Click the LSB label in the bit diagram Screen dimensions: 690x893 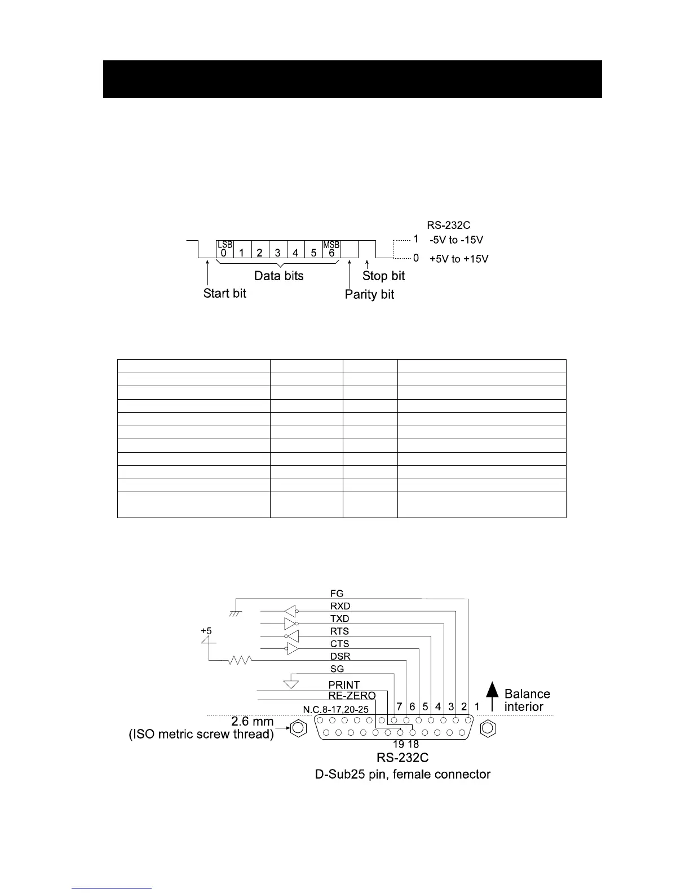pos(224,245)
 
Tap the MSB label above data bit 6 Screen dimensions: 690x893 pos(331,245)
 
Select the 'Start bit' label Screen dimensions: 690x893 pos(224,293)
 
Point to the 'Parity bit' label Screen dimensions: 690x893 pos(369,294)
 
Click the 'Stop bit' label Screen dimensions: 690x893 pos(383,276)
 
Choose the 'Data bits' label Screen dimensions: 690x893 pos(278,276)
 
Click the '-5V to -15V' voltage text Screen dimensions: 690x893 pos(456,240)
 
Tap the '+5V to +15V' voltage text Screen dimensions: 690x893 pos(459,259)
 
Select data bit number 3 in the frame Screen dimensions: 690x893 pos(277,253)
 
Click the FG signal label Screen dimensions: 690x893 pos(337,593)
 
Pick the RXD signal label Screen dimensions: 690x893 pos(340,606)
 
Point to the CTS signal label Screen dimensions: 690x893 pos(339,644)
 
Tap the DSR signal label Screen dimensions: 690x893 pos(340,656)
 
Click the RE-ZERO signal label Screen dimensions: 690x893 pos(352,696)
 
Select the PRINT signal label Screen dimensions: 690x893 pos(344,685)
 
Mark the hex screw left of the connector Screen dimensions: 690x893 pos(297,729)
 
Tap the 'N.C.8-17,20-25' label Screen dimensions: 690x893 pos(335,709)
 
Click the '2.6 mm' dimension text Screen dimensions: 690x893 pos(253,722)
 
